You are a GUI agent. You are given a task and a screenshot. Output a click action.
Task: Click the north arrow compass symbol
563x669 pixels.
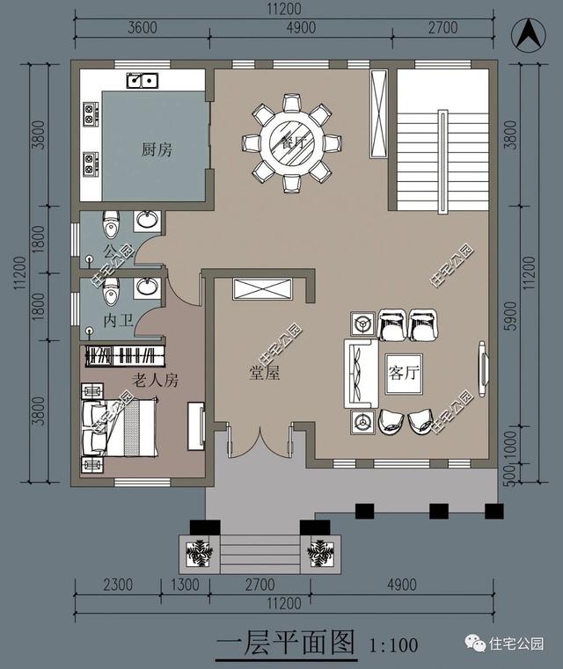[x=529, y=35]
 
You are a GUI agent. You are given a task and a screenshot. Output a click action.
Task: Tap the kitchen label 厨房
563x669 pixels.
[x=157, y=149]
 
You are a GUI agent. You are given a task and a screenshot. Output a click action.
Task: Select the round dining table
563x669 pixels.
[x=291, y=142]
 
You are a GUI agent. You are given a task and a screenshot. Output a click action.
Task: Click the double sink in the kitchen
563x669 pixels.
[x=143, y=80]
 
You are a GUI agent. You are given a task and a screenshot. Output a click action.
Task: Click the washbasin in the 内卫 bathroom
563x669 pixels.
[x=147, y=287]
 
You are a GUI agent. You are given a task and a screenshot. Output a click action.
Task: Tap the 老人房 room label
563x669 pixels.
[x=155, y=380]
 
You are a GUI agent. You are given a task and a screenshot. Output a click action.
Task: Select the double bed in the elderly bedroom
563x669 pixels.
[x=120, y=427]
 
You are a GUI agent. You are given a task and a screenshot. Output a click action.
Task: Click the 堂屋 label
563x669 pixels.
[x=265, y=373]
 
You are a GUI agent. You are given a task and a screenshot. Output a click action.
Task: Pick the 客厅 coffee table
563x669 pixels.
[x=404, y=374]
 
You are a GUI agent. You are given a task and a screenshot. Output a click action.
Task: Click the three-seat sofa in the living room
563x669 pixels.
[x=361, y=374]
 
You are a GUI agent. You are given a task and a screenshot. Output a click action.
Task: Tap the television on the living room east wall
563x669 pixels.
[x=483, y=369]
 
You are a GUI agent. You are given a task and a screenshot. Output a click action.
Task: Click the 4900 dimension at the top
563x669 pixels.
[x=301, y=28]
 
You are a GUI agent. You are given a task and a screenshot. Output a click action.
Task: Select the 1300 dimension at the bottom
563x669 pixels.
[x=186, y=585]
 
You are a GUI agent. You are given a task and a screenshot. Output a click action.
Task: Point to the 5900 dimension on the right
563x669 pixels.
[x=510, y=316]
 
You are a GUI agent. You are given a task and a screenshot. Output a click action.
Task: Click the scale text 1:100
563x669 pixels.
[x=393, y=645]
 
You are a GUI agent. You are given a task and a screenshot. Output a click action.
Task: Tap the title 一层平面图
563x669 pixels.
[x=286, y=644]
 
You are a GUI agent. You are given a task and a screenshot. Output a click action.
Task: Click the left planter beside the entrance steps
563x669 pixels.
[x=199, y=554]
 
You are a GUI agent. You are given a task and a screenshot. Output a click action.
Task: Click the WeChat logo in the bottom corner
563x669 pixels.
[x=475, y=643]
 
